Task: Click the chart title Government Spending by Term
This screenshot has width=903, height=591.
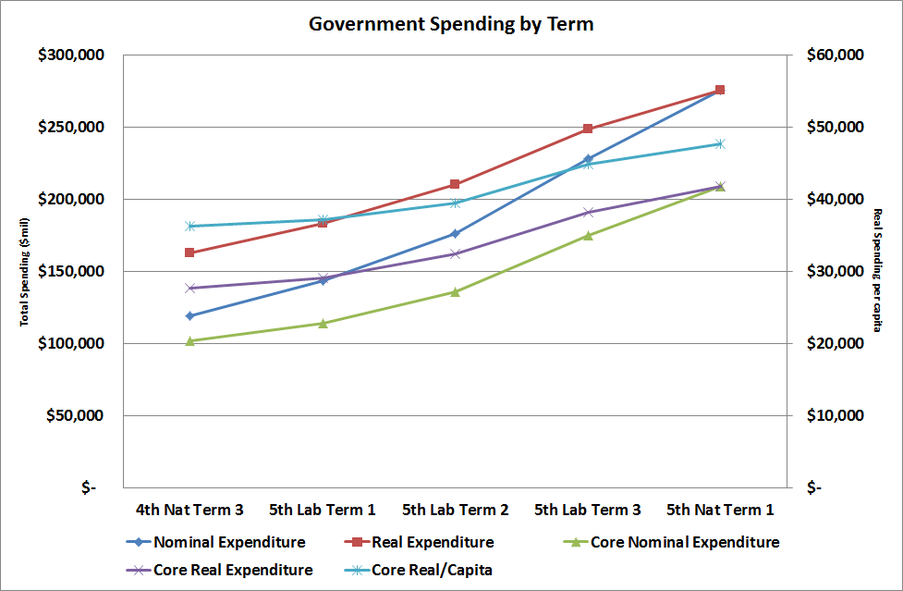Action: (451, 24)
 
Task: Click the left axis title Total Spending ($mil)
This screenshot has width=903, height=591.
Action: (25, 271)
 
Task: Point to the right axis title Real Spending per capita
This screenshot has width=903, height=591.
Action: (876, 271)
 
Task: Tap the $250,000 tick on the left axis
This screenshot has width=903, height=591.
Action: (70, 127)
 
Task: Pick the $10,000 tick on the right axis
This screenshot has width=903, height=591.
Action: (831, 415)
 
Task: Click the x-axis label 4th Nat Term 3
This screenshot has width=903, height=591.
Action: (189, 510)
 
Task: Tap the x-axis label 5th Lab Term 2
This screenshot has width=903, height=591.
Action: (455, 510)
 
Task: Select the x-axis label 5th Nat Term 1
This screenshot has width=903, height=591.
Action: (720, 510)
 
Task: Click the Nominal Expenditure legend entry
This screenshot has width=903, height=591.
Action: (229, 543)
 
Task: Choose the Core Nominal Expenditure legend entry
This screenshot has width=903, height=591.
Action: (684, 543)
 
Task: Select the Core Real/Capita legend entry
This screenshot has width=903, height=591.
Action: (432, 570)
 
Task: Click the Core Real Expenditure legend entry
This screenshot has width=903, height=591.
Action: (233, 570)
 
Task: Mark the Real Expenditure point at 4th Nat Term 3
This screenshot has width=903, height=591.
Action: (189, 252)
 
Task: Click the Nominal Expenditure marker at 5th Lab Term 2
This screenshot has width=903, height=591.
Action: (455, 233)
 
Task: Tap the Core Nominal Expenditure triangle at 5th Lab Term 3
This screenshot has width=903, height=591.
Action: (588, 235)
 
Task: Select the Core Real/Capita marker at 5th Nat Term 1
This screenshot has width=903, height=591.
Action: (720, 143)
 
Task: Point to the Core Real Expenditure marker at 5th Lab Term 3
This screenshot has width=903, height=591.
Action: (588, 212)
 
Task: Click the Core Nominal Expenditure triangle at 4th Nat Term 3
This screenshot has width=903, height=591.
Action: (189, 340)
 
